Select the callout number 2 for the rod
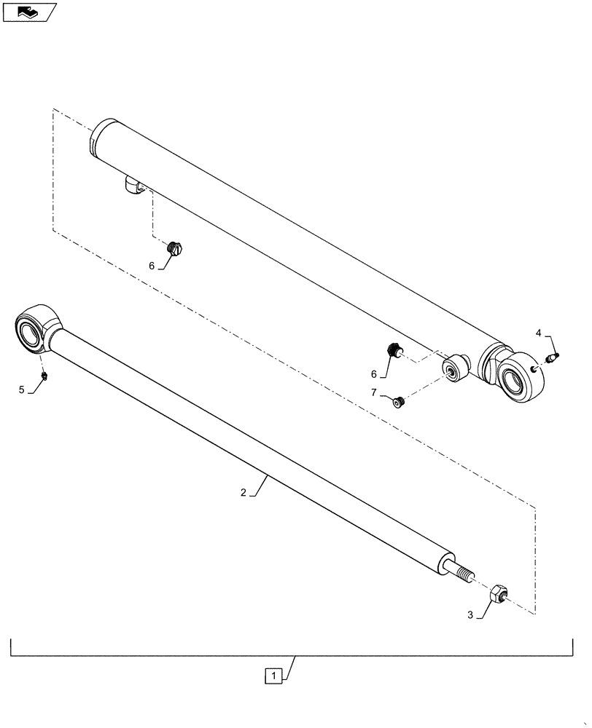pyautogui.click(x=243, y=493)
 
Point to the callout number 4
pyautogui.click(x=539, y=333)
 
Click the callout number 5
pyautogui.click(x=21, y=390)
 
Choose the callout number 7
pyautogui.click(x=374, y=393)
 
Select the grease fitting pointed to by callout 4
pyautogui.click(x=553, y=357)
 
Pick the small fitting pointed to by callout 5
pyautogui.click(x=44, y=376)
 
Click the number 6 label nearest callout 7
pyautogui.click(x=374, y=374)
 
